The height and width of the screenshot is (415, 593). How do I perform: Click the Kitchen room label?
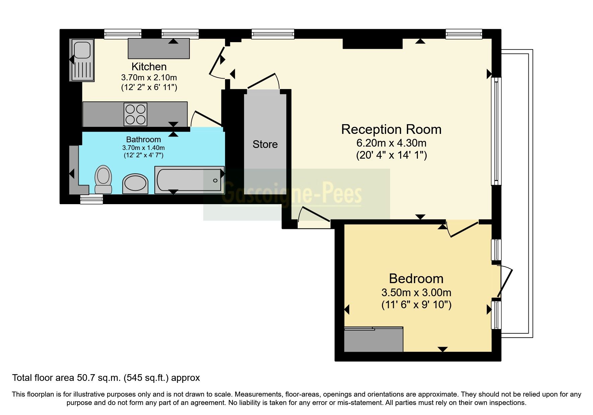pyautogui.click(x=149, y=66)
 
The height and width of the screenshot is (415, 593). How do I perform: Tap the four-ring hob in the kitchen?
pyautogui.click(x=135, y=114)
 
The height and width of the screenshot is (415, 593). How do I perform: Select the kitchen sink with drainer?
pyautogui.click(x=82, y=60)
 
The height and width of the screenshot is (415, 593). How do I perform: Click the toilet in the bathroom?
pyautogui.click(x=103, y=179)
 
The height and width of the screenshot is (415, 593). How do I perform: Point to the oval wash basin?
pyautogui.click(x=135, y=183)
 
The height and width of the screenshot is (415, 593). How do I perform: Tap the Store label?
pyautogui.click(x=265, y=144)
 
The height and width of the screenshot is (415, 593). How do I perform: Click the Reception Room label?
pyautogui.click(x=391, y=130)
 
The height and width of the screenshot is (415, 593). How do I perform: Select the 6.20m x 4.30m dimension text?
pyautogui.click(x=391, y=143)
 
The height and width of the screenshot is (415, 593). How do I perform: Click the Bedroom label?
pyautogui.click(x=416, y=278)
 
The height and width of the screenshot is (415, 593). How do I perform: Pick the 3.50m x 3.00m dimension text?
pyautogui.click(x=416, y=293)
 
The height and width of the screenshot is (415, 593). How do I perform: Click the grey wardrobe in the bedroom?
pyautogui.click(x=373, y=339)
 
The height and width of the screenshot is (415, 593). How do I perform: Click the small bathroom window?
pyautogui.click(x=91, y=200)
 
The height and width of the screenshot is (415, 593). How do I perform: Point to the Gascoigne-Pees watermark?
pyautogui.click(x=291, y=194)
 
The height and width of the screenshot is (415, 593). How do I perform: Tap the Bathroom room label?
pyautogui.click(x=143, y=139)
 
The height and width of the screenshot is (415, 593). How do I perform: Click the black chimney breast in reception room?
pyautogui.click(x=372, y=44)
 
